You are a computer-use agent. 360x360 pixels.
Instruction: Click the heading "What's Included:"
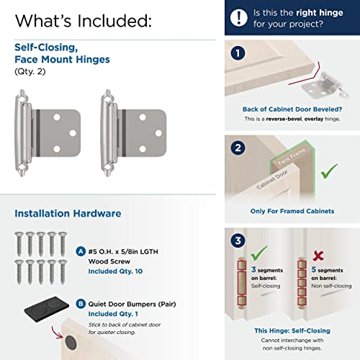84,21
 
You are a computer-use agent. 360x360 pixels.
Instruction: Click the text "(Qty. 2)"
30,72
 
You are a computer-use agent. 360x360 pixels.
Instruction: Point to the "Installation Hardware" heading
68,213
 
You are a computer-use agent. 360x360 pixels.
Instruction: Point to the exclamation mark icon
239,17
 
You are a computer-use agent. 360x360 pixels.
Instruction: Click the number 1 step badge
238,54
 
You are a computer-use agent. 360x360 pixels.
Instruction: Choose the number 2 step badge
238,149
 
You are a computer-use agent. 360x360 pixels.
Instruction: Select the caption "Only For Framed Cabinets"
292,211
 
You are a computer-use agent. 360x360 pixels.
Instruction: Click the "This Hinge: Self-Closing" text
292,330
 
